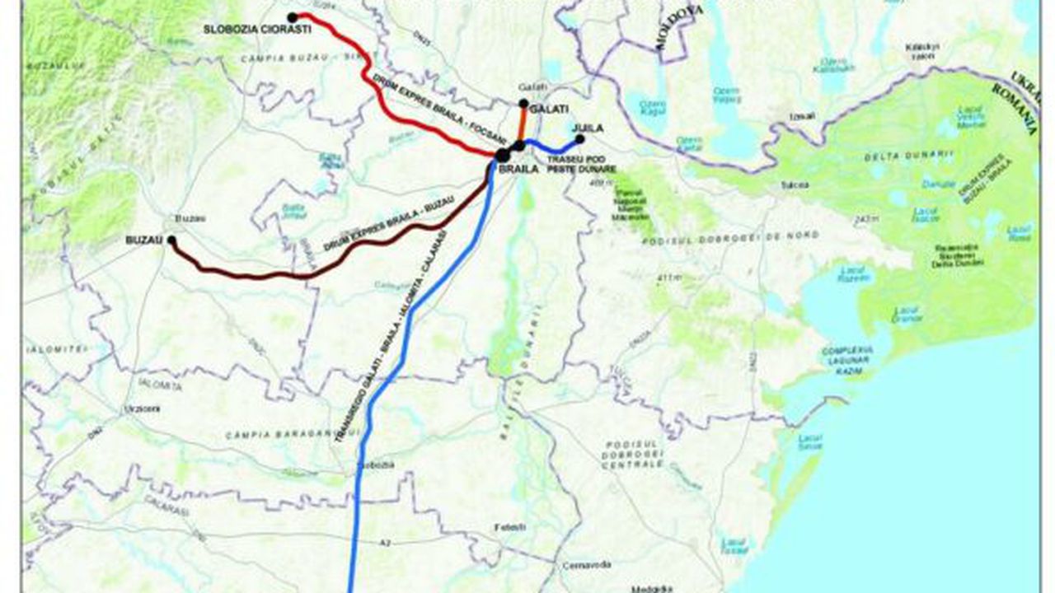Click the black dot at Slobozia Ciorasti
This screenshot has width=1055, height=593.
(x=293, y=17)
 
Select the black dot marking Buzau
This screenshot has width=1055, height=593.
(x=171, y=240)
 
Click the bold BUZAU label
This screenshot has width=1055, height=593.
(x=141, y=240)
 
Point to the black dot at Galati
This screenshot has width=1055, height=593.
(x=523, y=104)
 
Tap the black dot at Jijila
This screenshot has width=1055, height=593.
(x=579, y=138)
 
